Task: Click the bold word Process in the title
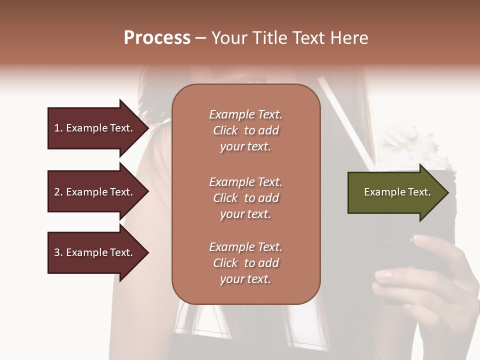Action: [157, 37]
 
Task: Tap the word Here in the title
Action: [348, 37]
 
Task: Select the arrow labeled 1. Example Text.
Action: [95, 128]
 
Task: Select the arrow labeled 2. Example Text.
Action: [95, 192]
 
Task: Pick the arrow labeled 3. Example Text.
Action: [95, 252]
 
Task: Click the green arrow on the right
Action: [395, 192]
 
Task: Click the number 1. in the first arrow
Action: [58, 128]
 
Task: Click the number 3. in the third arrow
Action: [58, 252]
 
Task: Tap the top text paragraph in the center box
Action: [245, 130]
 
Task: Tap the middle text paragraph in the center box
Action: [245, 197]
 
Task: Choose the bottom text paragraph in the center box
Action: [245, 262]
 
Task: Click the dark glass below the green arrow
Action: [400, 250]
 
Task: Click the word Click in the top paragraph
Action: [225, 130]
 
